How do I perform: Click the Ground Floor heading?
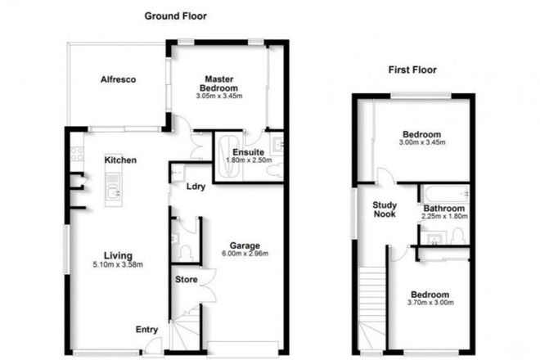tap(175, 16)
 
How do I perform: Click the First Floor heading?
tap(412, 70)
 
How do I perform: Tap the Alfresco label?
tap(117, 79)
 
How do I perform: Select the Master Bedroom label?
tap(221, 83)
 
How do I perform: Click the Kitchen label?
tap(119, 160)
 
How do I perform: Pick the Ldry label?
tap(195, 185)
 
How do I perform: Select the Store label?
tap(186, 280)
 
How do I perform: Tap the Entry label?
tap(146, 330)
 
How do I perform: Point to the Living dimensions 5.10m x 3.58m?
tap(112, 264)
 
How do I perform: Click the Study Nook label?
tap(385, 209)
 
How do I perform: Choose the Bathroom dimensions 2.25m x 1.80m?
tap(444, 217)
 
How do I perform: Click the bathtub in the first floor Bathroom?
tap(444, 195)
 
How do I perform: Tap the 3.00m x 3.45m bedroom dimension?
tap(422, 144)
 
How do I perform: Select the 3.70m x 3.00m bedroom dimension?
tap(430, 304)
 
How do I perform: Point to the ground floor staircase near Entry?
tap(186, 332)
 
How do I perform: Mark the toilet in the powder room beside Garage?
tap(186, 250)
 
